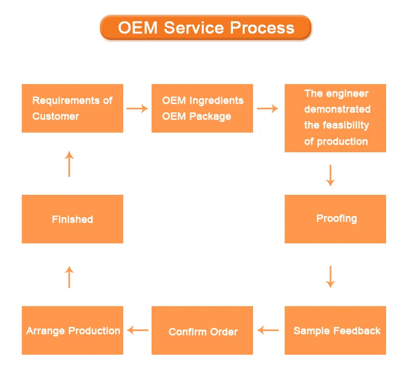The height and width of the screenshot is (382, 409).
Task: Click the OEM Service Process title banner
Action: pos(206,27)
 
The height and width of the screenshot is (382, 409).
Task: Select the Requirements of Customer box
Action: pos(73,108)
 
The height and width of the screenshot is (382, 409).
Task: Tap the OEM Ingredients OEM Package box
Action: pos(202,108)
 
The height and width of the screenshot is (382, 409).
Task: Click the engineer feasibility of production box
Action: pos(335,118)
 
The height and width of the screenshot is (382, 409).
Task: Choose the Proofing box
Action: pos(335,219)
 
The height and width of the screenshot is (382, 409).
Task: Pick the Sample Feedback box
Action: pos(335,331)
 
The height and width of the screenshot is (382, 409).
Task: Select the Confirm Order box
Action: pos(202,331)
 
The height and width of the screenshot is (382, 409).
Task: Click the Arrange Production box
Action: pos(73,331)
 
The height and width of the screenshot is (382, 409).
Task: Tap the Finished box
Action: pos(73,219)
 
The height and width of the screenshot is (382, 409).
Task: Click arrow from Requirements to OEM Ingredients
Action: pos(137,109)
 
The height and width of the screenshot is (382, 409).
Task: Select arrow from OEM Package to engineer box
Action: pos(268,109)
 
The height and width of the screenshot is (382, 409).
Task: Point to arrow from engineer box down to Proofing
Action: pos(330,175)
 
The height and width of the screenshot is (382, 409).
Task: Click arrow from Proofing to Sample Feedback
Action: pos(330,276)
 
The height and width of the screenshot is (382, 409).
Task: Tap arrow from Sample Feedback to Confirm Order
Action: pos(268,330)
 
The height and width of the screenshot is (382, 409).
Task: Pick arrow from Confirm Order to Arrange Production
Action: pos(137,330)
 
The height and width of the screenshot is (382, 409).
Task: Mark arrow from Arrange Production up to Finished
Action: pos(69,277)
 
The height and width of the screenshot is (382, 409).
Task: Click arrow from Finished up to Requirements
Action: pos(69,164)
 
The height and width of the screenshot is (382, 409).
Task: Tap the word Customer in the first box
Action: pos(56,116)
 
